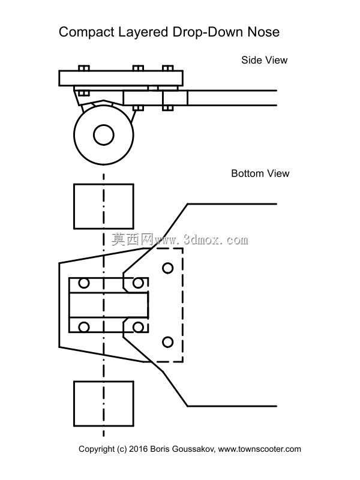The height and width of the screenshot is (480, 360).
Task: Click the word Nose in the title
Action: [263, 32]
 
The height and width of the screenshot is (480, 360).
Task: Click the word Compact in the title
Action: [86, 32]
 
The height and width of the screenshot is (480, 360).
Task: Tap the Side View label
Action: [264, 60]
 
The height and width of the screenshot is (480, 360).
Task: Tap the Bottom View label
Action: [260, 173]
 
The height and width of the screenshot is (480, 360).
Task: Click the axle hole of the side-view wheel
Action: [104, 134]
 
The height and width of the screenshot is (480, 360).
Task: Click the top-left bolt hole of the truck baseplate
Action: [84, 283]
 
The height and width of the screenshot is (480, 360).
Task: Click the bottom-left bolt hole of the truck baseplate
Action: [84, 327]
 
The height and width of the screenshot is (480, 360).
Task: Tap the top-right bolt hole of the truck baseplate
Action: [138, 283]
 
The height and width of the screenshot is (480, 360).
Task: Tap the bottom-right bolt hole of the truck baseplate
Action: [138, 327]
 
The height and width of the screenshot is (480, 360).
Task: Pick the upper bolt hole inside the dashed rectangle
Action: [168, 268]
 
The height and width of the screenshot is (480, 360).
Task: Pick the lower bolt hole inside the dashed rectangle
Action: [168, 342]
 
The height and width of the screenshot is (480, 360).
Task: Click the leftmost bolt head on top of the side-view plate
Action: [84, 68]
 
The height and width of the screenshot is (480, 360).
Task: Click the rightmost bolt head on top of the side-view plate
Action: [168, 68]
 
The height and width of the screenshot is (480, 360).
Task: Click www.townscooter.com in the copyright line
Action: [260, 449]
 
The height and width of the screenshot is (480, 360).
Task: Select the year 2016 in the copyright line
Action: [139, 449]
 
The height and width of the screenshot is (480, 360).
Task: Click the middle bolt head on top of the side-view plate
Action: [138, 68]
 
